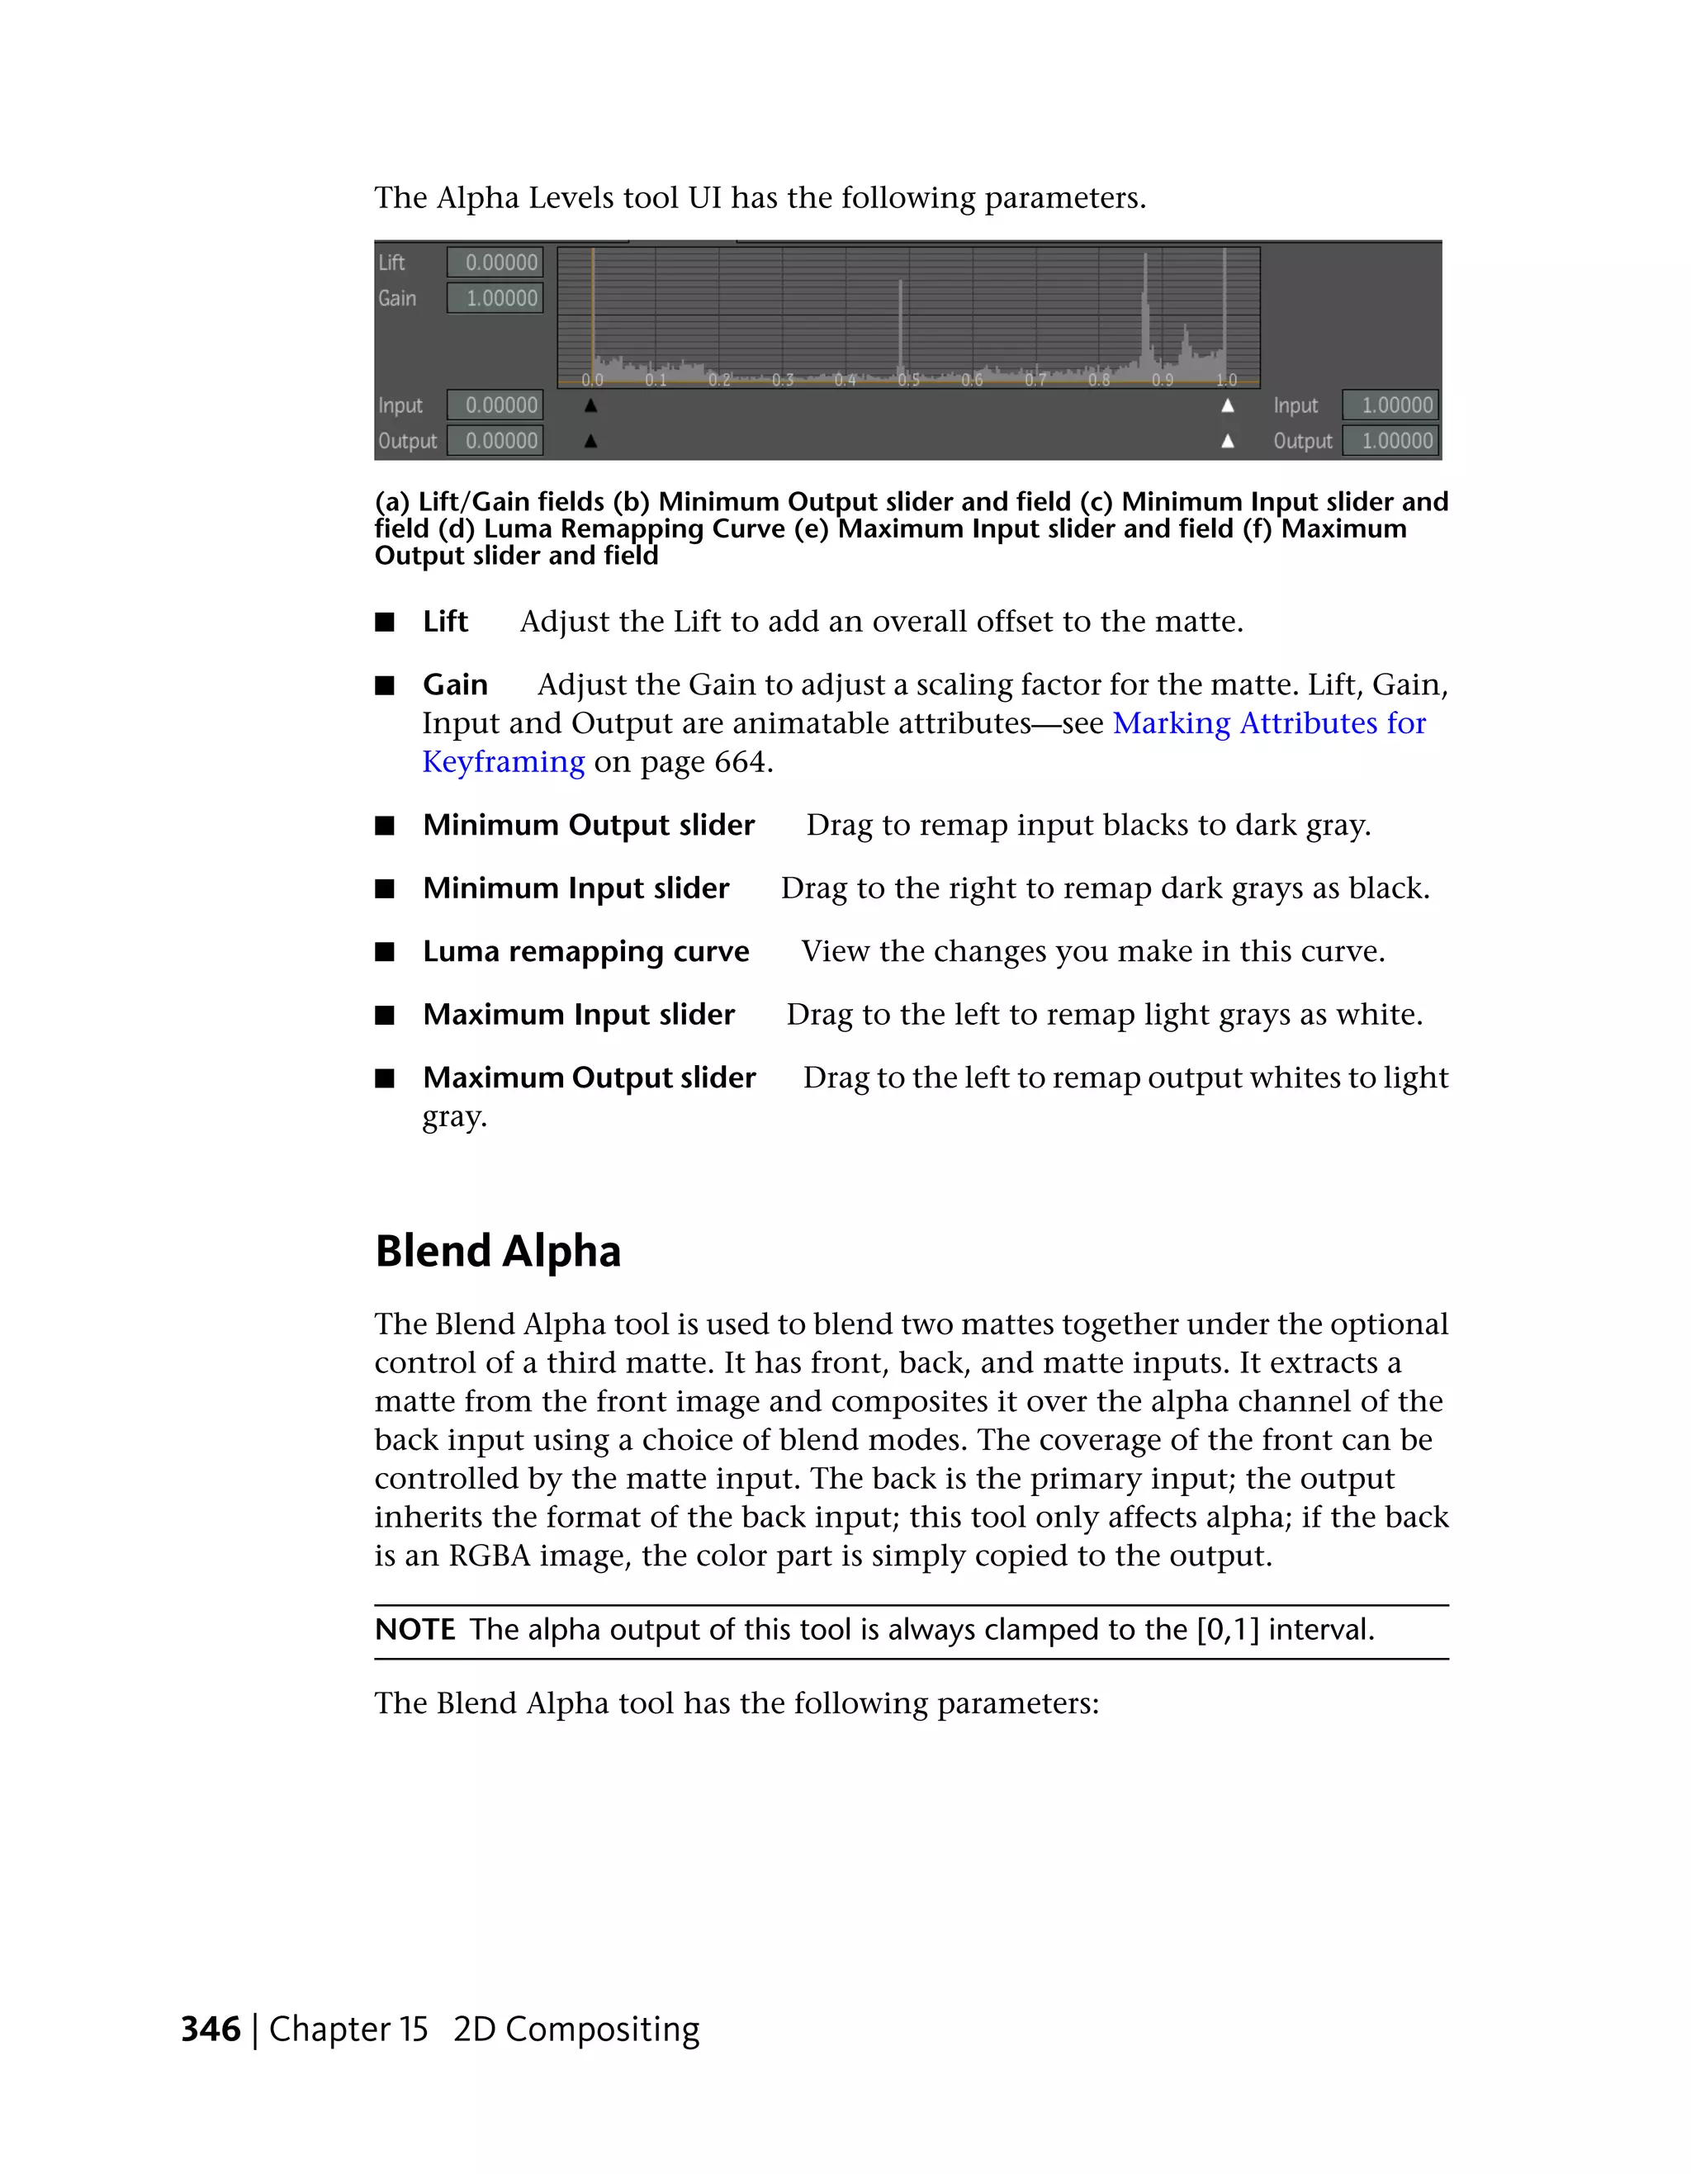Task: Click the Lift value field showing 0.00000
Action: click(495, 262)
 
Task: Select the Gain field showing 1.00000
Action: click(495, 297)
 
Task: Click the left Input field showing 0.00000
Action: click(495, 405)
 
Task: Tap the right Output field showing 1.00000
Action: click(1390, 440)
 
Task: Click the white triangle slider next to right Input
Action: click(1227, 405)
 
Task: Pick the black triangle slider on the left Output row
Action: click(590, 440)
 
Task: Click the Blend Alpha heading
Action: click(498, 1251)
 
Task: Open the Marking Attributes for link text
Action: click(1269, 722)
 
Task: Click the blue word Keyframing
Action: click(503, 761)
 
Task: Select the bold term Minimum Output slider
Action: click(588, 825)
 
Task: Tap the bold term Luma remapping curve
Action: click(585, 952)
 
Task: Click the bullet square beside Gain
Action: click(385, 686)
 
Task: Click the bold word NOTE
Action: click(415, 1630)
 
